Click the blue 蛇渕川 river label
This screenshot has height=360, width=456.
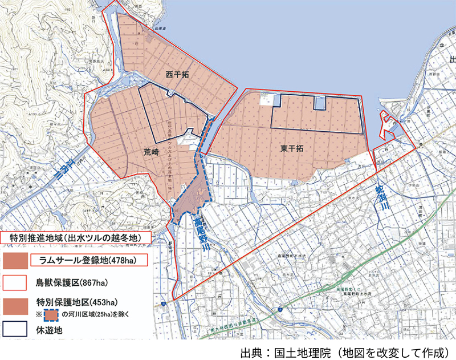pos(380,200)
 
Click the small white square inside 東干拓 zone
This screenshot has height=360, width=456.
pos(266,101)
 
